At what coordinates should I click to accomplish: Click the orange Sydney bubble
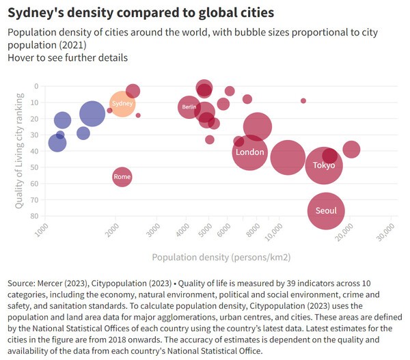pos(122,103)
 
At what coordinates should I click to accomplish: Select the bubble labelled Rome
pos(122,177)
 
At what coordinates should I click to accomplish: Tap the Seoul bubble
pos(325,210)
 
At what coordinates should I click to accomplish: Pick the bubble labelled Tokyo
pos(323,165)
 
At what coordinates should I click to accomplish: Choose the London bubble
pos(249,152)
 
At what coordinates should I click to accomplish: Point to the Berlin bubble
pos(189,107)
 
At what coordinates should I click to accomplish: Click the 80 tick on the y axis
pos(34,217)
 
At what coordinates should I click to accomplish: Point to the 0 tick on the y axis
pos(36,86)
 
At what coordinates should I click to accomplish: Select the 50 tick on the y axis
pos(34,167)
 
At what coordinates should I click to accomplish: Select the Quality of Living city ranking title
pos(20,151)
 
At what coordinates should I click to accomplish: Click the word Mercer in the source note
pos(59,283)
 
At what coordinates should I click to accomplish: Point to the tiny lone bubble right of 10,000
pos(303,100)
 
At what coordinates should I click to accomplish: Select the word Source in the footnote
pos(23,283)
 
